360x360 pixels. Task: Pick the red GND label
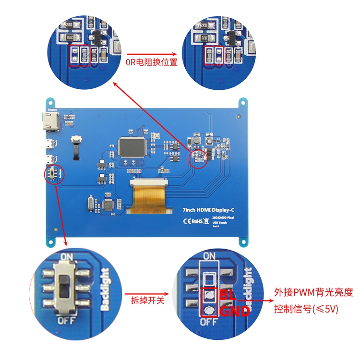click(235, 311)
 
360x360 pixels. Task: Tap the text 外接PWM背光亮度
click(313, 292)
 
